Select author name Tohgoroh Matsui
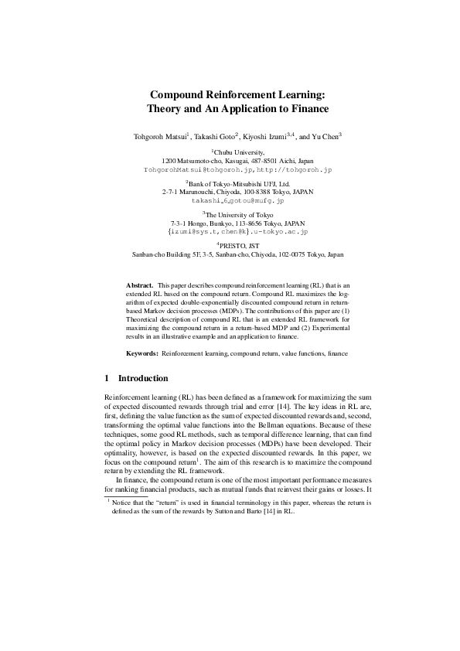coord(161,136)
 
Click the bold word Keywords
coord(143,353)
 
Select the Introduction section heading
coord(142,379)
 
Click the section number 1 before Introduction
coord(106,379)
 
